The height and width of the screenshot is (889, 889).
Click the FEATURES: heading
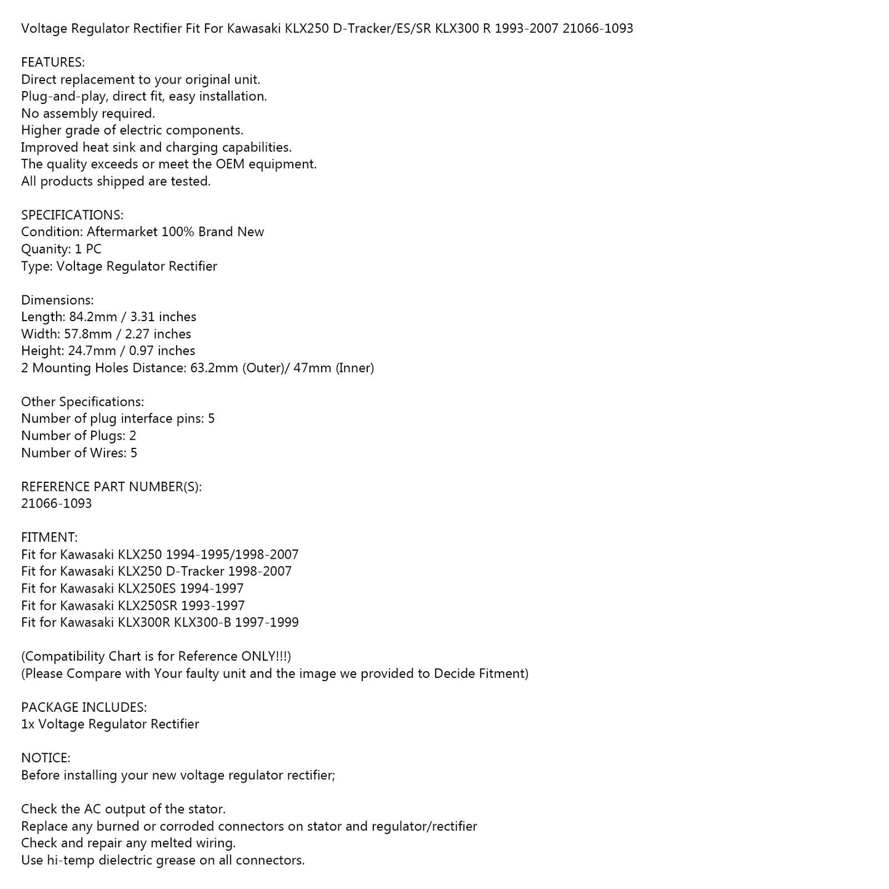click(53, 62)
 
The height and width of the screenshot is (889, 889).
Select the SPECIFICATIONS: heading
click(72, 215)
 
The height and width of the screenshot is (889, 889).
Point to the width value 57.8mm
click(88, 334)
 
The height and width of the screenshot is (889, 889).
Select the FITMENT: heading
click(49, 537)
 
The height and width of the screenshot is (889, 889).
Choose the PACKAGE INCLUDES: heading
click(84, 707)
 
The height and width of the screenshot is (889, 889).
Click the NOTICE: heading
click(46, 758)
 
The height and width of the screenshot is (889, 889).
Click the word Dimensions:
click(57, 300)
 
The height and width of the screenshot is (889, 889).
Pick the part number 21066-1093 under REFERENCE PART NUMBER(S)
click(57, 503)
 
